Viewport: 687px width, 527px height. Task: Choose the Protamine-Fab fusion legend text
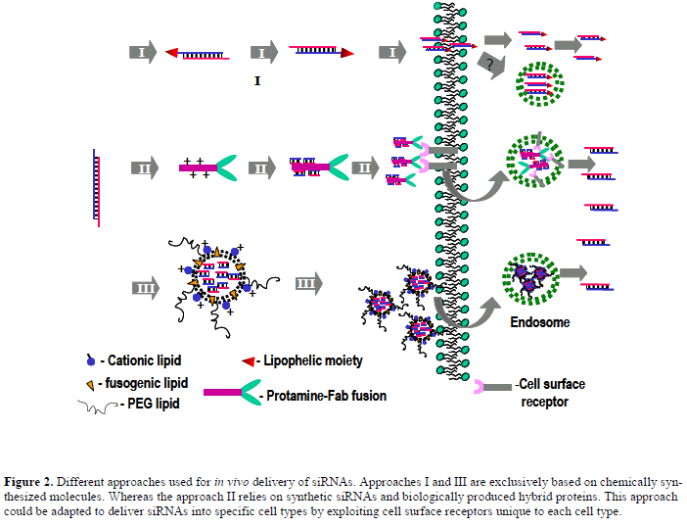click(x=325, y=396)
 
